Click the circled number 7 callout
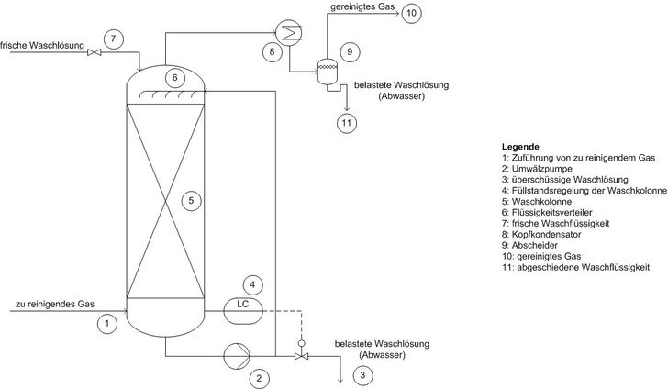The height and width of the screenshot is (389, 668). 112,39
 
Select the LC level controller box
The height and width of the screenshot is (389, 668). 243,305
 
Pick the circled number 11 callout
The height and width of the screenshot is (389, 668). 346,121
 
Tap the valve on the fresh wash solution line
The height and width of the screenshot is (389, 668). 93,53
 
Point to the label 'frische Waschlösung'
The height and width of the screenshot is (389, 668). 42,44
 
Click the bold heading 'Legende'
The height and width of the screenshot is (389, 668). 519,147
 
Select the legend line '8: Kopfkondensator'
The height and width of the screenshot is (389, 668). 550,235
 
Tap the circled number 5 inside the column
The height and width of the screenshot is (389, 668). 189,199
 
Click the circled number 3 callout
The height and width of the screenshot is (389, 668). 365,374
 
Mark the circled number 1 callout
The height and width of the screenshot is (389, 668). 107,324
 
